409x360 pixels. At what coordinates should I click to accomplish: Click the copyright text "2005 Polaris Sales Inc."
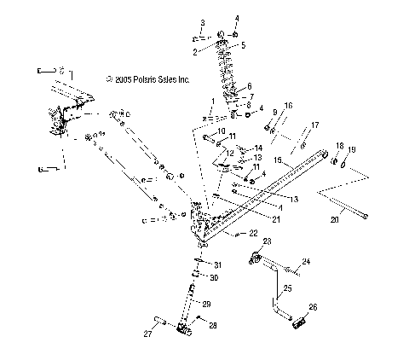pyautogui.click(x=152, y=78)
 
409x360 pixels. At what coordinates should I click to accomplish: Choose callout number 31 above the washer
pyautogui.click(x=217, y=264)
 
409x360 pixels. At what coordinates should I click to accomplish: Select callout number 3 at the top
pyautogui.click(x=203, y=21)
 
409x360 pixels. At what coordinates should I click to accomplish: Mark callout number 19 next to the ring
pyautogui.click(x=353, y=150)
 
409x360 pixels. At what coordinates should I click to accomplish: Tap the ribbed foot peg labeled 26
pyautogui.click(x=298, y=324)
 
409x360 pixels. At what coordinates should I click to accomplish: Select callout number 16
pyautogui.click(x=288, y=105)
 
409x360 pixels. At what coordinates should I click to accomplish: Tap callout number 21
pyautogui.click(x=253, y=218)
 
